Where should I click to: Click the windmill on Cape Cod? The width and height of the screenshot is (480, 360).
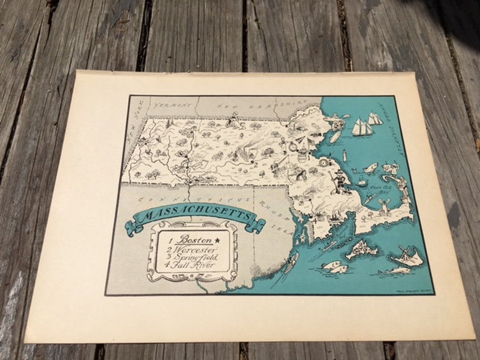[381, 208]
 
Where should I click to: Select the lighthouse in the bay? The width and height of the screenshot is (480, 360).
[345, 153]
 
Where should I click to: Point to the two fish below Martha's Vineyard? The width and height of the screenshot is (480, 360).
[334, 266]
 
